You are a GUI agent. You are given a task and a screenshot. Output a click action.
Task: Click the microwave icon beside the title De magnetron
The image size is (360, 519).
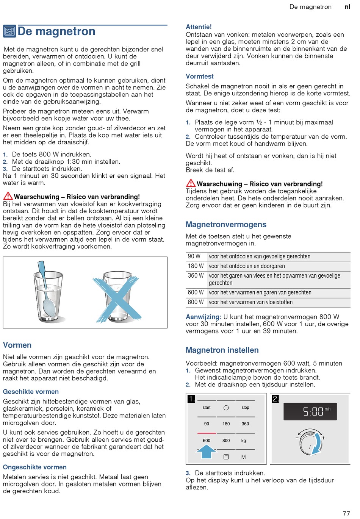(9, 31)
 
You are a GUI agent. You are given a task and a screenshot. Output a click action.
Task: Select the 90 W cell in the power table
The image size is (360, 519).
(194, 256)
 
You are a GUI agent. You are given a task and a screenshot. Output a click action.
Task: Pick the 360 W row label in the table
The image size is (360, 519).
(196, 276)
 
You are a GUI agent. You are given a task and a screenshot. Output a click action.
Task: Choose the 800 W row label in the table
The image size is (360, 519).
(196, 302)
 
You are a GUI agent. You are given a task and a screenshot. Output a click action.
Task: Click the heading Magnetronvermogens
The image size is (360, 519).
(226, 225)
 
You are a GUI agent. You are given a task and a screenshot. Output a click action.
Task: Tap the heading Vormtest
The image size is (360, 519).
(200, 77)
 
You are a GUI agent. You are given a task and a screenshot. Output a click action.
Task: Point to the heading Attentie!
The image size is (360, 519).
(199, 27)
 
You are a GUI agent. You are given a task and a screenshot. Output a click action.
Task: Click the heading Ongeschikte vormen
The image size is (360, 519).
(35, 467)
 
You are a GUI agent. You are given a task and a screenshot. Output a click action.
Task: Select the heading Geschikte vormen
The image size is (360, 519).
(31, 392)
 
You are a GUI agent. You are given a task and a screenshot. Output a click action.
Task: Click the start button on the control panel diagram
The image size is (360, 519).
(207, 408)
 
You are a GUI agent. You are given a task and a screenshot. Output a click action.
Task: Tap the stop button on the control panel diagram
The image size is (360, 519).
(245, 408)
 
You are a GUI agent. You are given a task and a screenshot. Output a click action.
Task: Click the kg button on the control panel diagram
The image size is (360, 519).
(244, 441)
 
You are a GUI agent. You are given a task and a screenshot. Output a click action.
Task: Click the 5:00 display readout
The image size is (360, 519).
(313, 411)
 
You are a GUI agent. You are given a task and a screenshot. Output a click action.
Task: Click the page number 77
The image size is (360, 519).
(346, 514)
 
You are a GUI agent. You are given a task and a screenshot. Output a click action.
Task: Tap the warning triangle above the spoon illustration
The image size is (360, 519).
(8, 196)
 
